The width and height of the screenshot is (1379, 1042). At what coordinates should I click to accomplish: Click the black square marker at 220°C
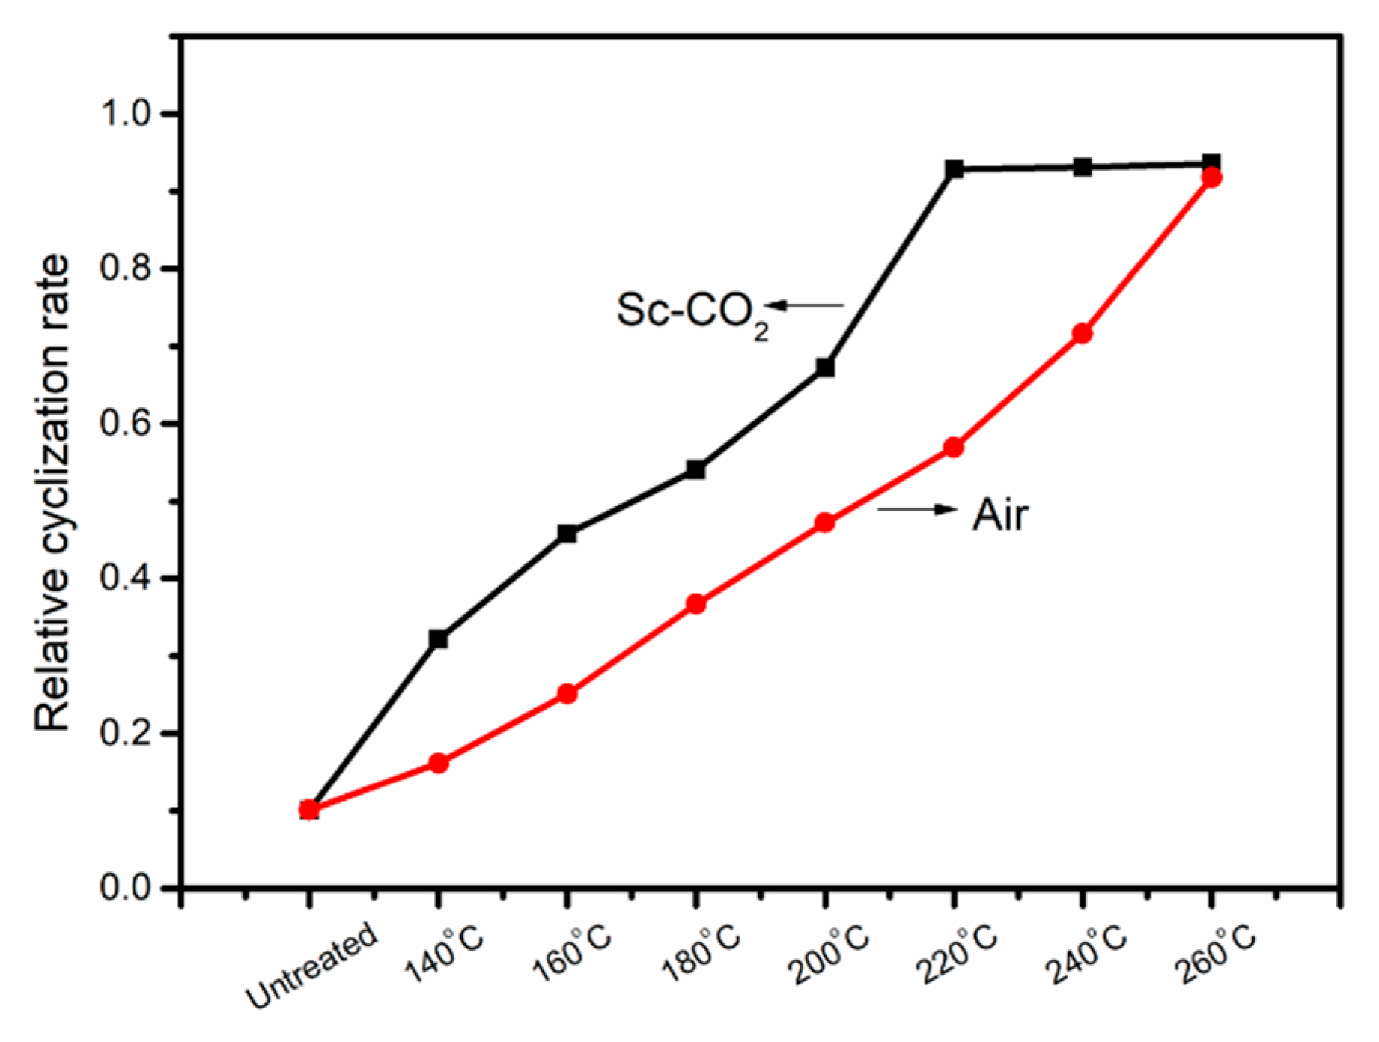tap(953, 169)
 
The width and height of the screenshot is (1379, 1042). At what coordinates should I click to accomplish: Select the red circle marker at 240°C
tap(1083, 334)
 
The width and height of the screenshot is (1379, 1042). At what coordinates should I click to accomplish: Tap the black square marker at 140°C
tap(439, 639)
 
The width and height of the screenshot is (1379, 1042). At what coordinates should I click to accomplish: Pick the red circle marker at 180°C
tap(696, 604)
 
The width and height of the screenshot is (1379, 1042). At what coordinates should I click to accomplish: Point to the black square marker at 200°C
tap(825, 368)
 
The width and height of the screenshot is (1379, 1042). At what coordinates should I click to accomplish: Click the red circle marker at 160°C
tap(567, 694)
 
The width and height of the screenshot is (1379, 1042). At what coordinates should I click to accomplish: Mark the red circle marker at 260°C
tap(1211, 178)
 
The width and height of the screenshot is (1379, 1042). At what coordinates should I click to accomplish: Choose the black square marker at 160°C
tap(567, 534)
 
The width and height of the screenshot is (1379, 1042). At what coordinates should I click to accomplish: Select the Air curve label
tap(1000, 515)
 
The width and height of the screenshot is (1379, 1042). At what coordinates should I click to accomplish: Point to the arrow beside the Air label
tap(918, 509)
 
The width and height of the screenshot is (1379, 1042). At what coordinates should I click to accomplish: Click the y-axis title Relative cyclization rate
tap(52, 494)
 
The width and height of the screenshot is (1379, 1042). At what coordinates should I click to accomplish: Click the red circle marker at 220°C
tap(953, 448)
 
